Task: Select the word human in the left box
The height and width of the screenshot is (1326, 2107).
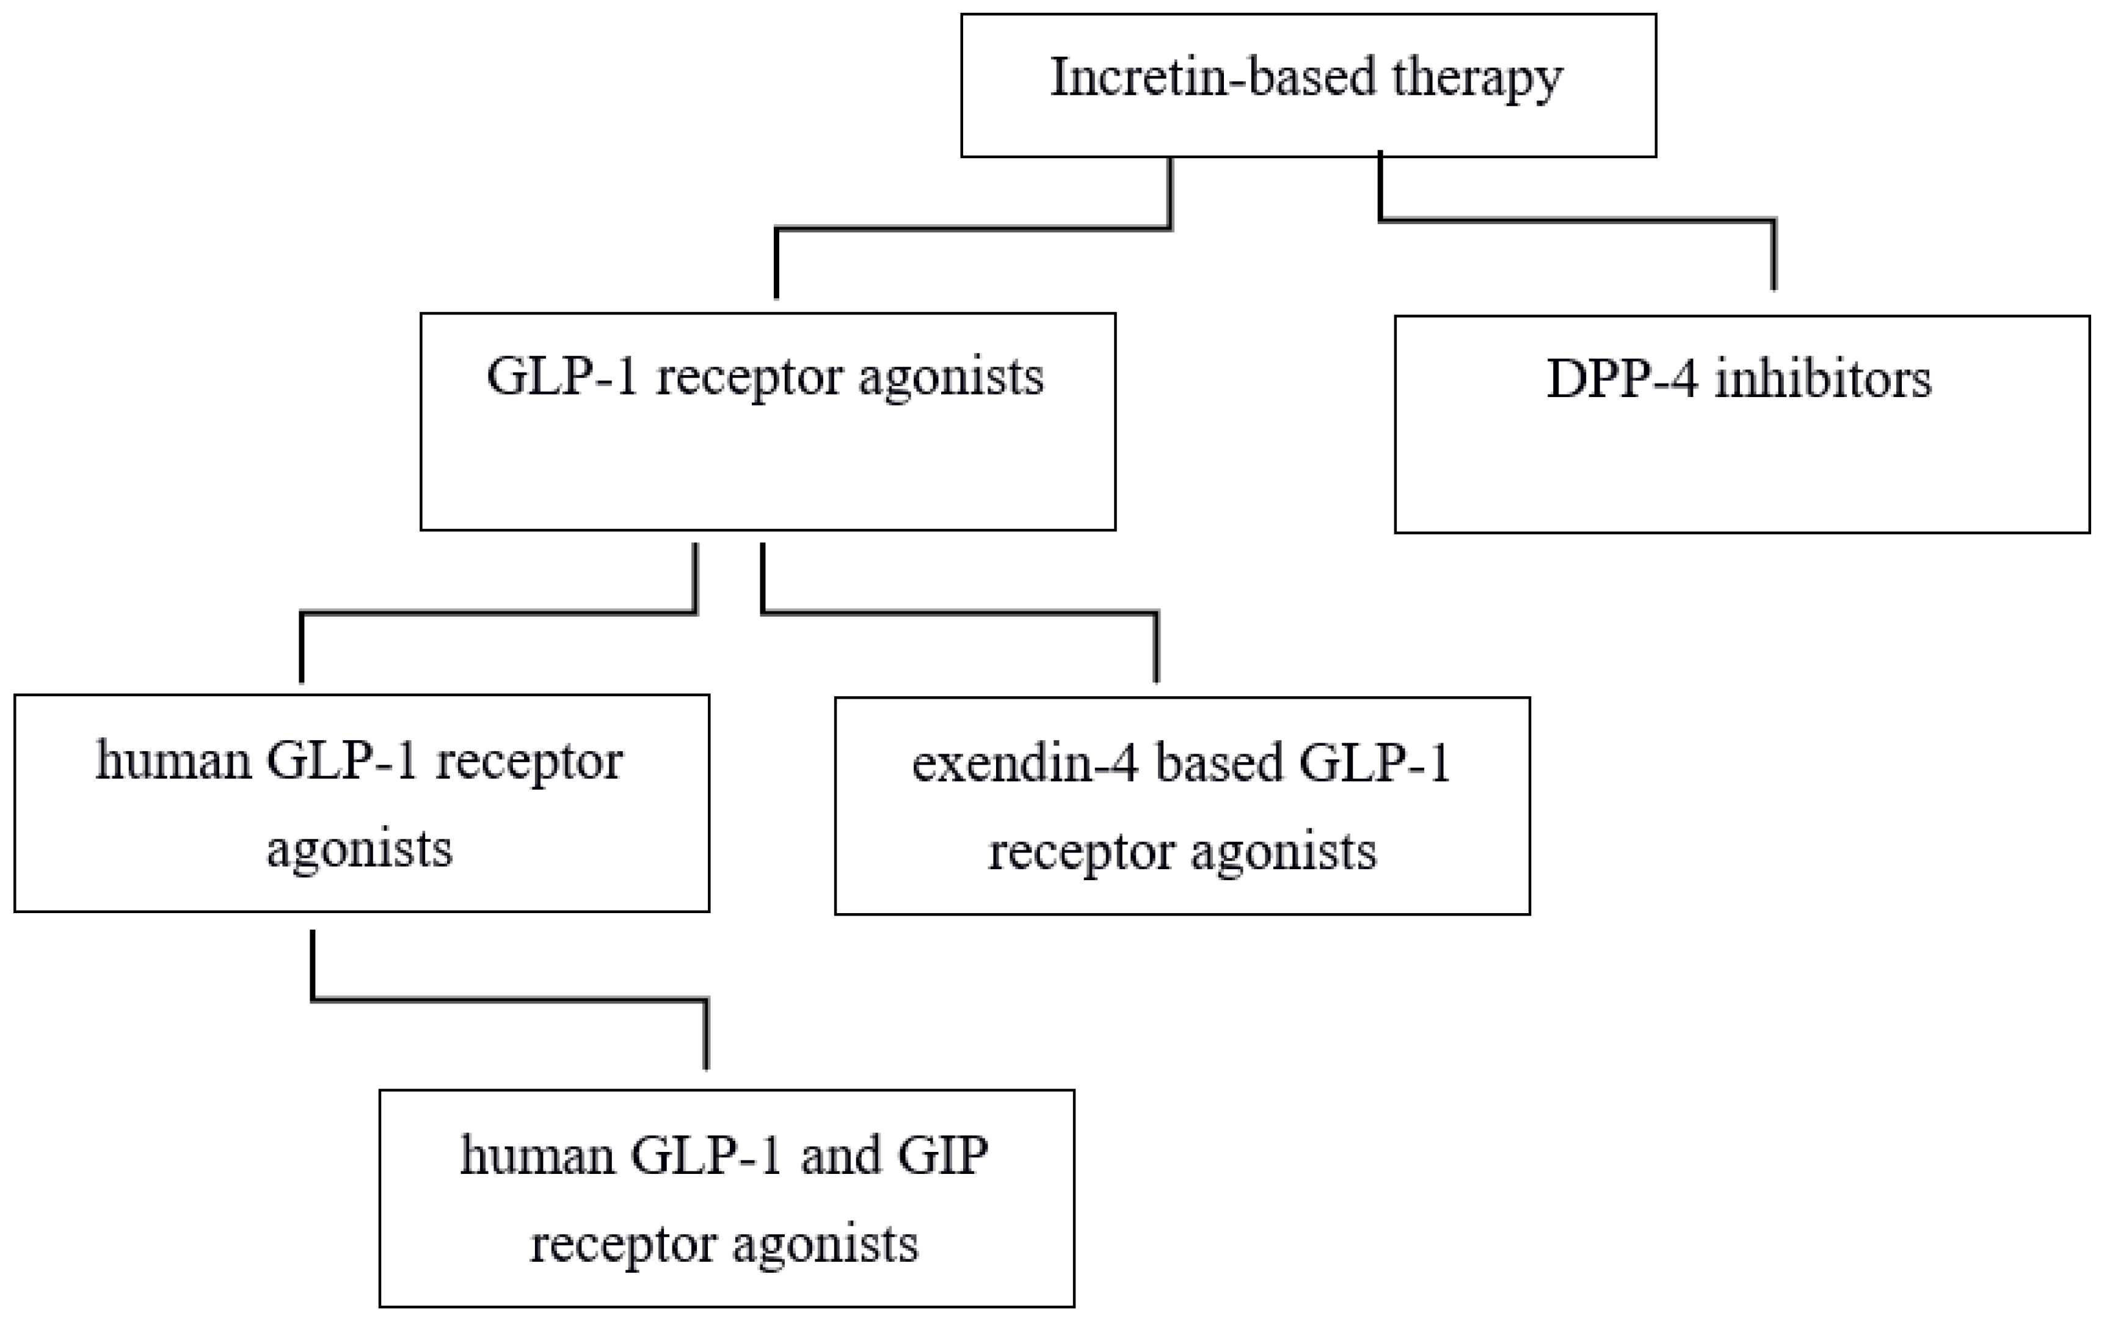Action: click(173, 760)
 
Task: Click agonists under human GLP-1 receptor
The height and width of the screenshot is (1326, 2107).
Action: click(360, 849)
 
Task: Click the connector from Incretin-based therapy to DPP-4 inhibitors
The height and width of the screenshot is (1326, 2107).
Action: click(1575, 220)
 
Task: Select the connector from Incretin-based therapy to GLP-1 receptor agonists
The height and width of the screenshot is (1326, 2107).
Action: click(971, 229)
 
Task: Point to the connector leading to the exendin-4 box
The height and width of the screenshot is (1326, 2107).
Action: click(963, 612)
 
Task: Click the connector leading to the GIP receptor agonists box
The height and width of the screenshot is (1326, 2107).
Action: click(508, 999)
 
